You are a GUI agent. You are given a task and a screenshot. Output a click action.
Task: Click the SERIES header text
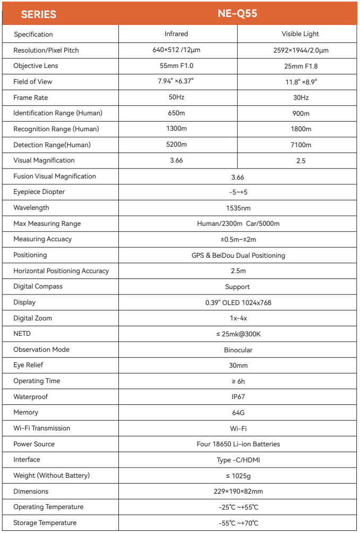point(39,14)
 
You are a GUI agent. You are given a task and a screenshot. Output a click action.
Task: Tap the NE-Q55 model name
point(237,14)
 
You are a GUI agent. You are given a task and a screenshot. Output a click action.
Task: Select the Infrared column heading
point(176,34)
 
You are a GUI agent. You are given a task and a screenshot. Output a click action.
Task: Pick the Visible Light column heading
point(300,34)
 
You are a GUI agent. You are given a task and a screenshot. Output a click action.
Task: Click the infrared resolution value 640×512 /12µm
point(176,50)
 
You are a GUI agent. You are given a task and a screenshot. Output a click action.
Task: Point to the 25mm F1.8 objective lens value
point(301,66)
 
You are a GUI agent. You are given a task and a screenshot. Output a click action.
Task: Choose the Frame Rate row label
point(31,98)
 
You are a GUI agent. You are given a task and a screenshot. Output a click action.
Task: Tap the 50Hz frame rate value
point(176,98)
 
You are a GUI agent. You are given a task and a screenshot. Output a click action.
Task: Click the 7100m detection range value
point(301,145)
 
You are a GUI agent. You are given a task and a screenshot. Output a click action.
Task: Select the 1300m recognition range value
point(176,129)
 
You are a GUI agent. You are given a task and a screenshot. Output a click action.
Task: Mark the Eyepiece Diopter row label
point(39,192)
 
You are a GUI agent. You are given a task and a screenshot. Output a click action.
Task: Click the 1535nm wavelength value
point(238,208)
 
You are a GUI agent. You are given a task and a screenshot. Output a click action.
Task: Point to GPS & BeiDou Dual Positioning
point(238,255)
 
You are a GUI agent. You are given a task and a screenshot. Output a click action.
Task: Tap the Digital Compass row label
point(38,286)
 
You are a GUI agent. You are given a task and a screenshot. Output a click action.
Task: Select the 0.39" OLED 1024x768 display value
point(238,302)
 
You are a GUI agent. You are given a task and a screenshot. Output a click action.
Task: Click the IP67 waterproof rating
point(238,397)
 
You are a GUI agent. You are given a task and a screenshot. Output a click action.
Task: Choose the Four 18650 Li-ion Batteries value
point(238,444)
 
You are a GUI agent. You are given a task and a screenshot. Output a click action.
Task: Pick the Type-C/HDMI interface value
point(238,460)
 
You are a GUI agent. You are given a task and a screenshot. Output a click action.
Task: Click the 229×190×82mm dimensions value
point(238,492)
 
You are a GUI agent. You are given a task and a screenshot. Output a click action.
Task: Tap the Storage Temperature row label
point(45,523)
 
